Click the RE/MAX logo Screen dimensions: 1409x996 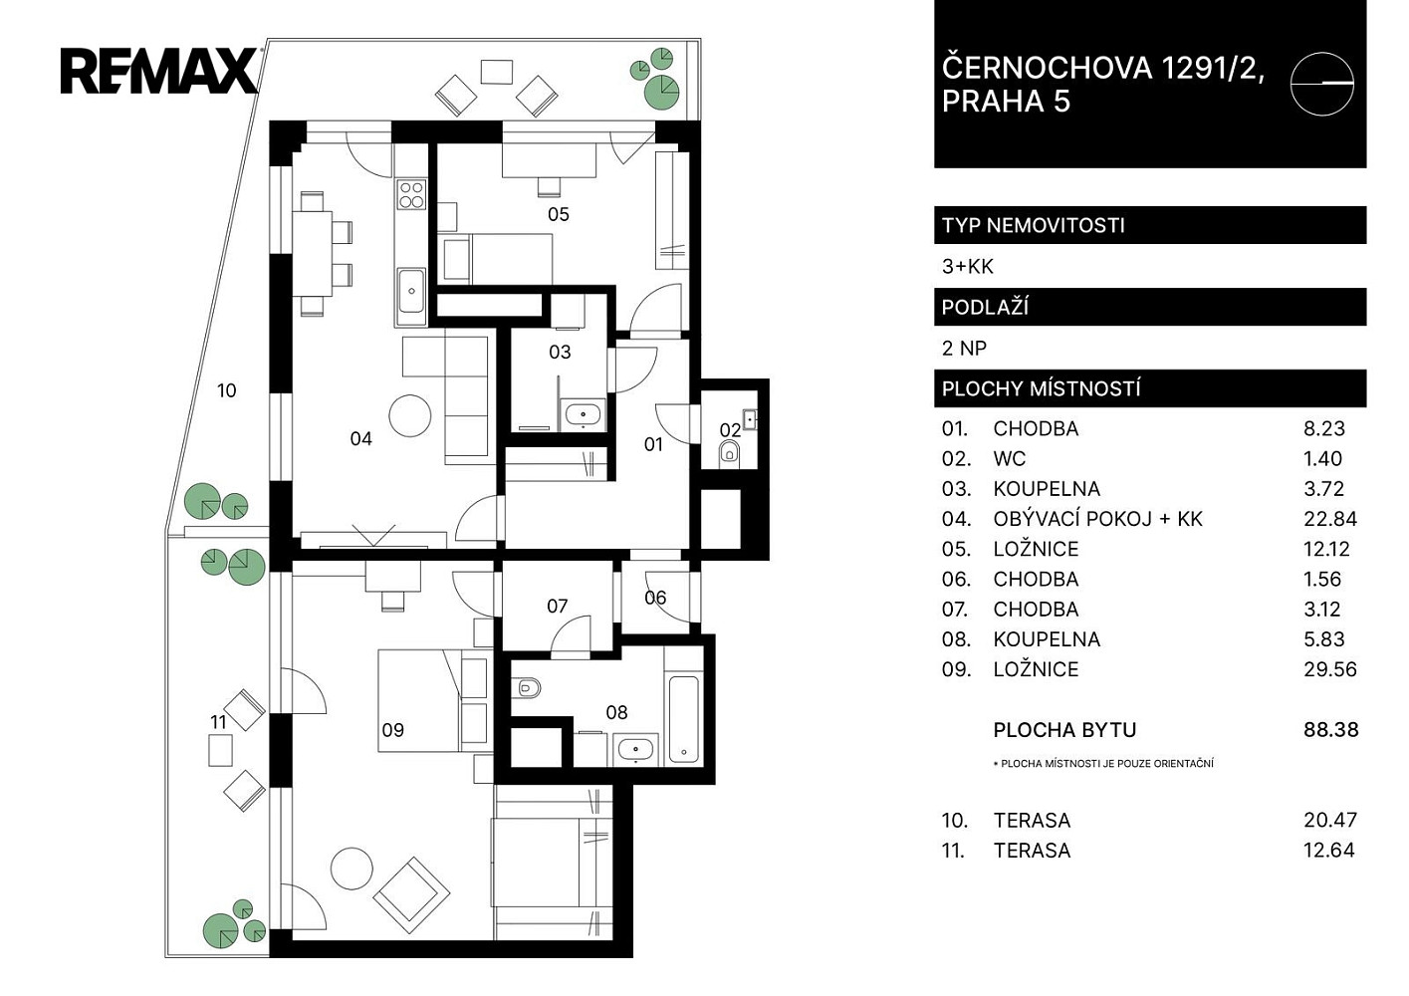(x=159, y=71)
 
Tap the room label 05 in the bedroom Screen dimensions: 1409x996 (x=558, y=214)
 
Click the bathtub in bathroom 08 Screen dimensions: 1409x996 (x=684, y=718)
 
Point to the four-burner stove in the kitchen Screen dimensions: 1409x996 (x=411, y=194)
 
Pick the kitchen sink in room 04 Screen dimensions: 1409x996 (x=411, y=290)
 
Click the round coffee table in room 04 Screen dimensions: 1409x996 (x=410, y=415)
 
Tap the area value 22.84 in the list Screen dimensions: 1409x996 (x=1330, y=519)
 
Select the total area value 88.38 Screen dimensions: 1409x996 (x=1331, y=730)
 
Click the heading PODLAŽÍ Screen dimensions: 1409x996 (x=985, y=308)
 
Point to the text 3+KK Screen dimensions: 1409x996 (x=968, y=267)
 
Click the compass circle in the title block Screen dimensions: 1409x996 (x=1321, y=84)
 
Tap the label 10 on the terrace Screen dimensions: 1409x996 (x=226, y=390)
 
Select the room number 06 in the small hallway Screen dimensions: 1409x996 (x=655, y=597)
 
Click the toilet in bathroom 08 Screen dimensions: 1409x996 (x=526, y=687)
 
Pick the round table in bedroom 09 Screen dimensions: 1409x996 (x=352, y=869)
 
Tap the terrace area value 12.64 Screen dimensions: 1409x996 (x=1329, y=851)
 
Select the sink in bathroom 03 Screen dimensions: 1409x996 (x=584, y=414)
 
